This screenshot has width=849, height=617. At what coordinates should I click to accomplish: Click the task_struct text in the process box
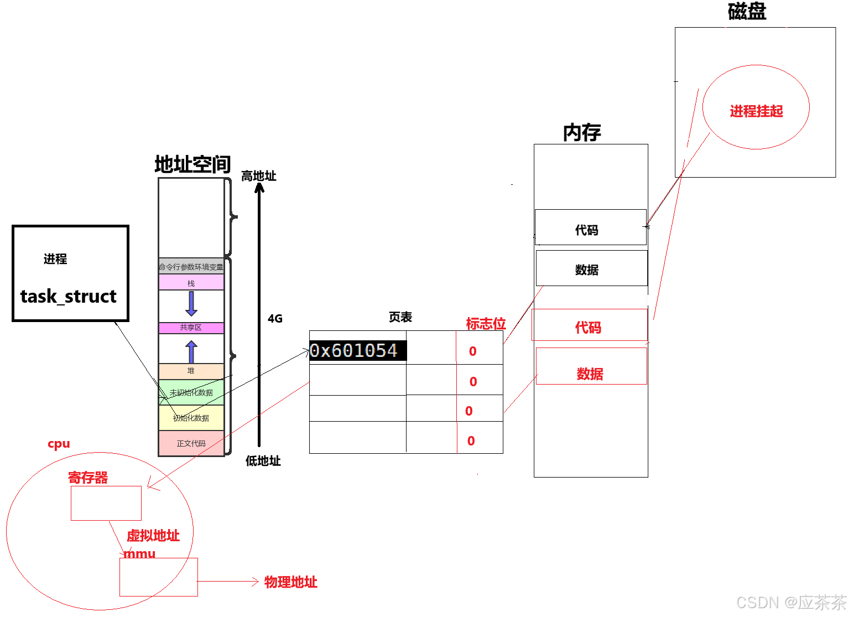[x=69, y=297]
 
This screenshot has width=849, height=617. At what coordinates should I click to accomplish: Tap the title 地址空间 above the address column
[x=192, y=164]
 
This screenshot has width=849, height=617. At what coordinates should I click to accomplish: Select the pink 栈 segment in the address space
[x=191, y=283]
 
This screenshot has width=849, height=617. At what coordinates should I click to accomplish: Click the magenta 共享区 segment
[x=191, y=328]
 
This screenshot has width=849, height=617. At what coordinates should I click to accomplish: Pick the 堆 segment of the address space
[x=191, y=371]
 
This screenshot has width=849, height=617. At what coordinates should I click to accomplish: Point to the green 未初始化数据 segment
[x=191, y=392]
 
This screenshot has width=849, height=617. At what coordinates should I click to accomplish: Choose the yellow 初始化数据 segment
[x=191, y=418]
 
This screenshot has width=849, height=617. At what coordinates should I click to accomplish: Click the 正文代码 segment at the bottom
[x=191, y=443]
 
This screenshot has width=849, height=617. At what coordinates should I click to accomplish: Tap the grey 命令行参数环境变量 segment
[x=191, y=267]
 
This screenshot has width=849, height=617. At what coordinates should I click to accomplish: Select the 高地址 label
[x=258, y=176]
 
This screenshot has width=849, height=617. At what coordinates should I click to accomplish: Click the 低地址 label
[x=263, y=461]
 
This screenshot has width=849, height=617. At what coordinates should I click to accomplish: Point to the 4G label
[x=275, y=319]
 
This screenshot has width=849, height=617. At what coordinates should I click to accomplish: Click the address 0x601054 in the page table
[x=353, y=350]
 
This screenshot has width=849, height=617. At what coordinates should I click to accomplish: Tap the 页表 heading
[x=400, y=317]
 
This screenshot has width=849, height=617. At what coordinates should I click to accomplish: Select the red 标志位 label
[x=486, y=324]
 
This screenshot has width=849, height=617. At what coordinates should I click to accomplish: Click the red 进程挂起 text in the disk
[x=756, y=111]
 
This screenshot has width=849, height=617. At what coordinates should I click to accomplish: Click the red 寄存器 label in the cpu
[x=88, y=478]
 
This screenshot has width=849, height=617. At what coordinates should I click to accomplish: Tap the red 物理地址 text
[x=290, y=582]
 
